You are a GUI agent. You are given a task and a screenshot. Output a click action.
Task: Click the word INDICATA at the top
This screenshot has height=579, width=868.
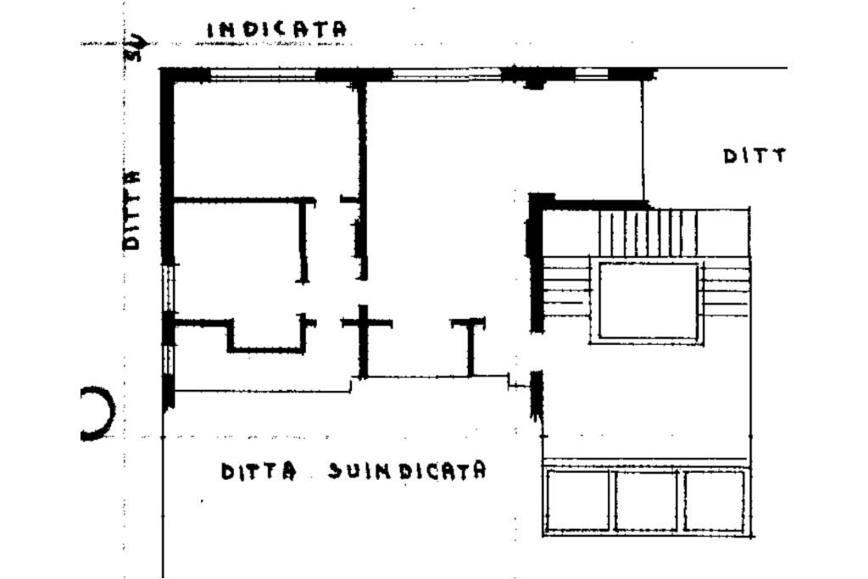(277, 29)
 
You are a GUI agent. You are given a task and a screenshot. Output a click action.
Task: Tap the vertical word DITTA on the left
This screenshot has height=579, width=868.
(131, 209)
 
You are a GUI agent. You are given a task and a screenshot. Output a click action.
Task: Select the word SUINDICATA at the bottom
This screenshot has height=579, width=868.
(408, 470)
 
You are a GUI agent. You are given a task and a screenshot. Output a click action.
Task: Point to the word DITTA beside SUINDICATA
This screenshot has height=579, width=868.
(259, 471)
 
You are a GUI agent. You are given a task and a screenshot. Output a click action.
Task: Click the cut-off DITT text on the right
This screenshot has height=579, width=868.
(754, 156)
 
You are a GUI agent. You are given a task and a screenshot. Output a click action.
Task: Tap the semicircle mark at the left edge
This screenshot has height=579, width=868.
(97, 413)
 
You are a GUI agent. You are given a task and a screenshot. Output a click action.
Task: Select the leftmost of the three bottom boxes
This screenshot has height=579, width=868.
(578, 500)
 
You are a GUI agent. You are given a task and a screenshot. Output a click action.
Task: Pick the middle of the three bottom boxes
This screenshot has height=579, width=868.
(646, 500)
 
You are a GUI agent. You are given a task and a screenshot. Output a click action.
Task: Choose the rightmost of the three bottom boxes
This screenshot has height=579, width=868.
(714, 500)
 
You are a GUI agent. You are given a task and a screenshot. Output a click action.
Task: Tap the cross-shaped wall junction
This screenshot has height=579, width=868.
(364, 324)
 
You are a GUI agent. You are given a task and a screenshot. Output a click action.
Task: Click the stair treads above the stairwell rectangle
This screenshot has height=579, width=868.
(648, 233)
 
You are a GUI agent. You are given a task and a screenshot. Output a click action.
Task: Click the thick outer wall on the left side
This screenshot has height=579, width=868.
(167, 170)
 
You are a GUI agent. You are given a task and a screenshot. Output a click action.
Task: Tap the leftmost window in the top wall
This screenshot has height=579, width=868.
(263, 75)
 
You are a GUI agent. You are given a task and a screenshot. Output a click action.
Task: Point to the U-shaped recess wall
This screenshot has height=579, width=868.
(266, 339)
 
